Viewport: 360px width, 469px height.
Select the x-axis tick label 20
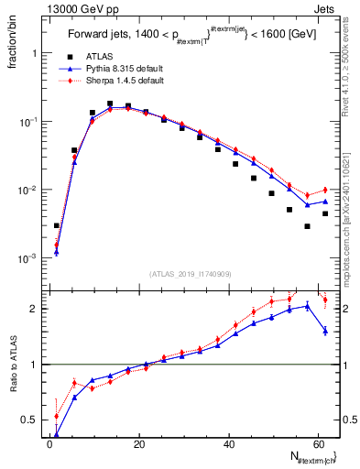pos(138,445)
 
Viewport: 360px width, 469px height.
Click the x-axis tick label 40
pos(228,445)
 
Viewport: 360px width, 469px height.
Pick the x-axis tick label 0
pos(49,445)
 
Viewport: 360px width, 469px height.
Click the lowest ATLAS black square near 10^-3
pos(57,225)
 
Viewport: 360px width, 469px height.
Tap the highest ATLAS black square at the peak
pos(110,104)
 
